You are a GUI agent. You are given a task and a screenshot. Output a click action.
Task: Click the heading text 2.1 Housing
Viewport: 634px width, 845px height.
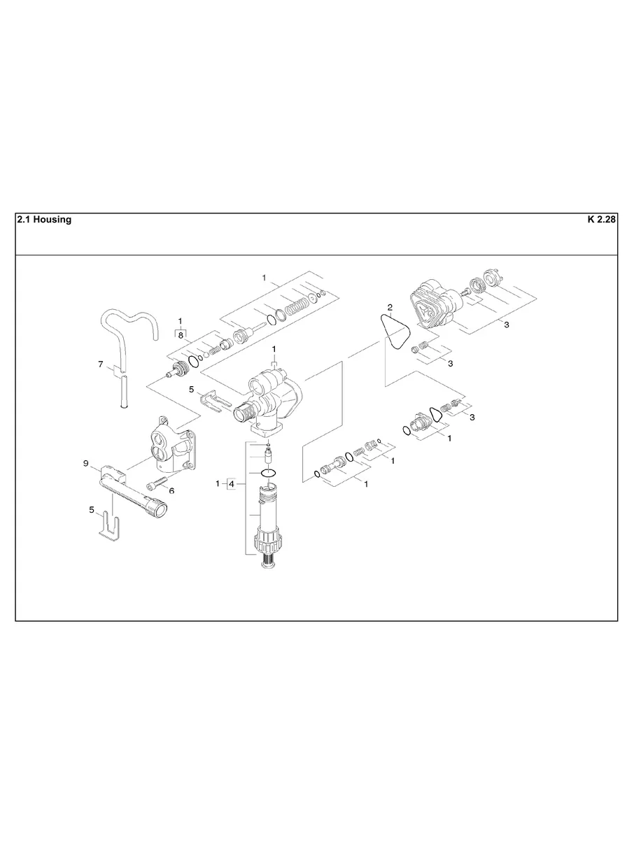point(43,220)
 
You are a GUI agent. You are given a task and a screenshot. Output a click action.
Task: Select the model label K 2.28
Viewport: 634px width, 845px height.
point(601,220)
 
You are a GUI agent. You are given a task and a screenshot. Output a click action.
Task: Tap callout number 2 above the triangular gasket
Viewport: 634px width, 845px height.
point(390,307)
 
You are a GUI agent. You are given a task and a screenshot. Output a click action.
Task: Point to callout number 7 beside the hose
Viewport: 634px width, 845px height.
point(101,364)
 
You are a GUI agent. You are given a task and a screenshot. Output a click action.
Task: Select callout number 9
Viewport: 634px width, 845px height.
point(85,463)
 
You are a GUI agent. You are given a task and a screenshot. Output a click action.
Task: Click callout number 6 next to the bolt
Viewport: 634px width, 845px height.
point(171,490)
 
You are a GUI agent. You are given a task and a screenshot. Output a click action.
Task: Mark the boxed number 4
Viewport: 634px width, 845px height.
point(232,483)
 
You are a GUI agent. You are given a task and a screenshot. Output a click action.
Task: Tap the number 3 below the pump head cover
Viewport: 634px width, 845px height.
point(506,325)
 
